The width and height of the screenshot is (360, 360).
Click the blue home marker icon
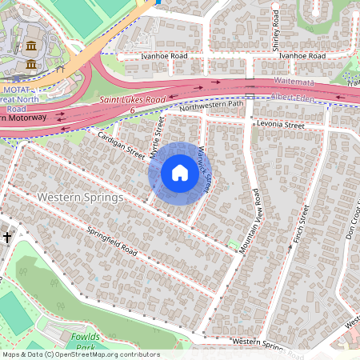tap(179, 173)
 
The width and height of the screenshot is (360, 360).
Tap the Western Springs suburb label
tap(79, 197)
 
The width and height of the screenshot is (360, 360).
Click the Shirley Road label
tap(276, 30)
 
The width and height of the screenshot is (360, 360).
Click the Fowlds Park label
tap(82, 342)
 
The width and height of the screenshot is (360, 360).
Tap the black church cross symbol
tap(7, 237)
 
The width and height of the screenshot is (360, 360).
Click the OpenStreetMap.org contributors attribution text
tap(104, 354)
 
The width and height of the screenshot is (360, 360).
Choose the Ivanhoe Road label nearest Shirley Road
tap(302, 56)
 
